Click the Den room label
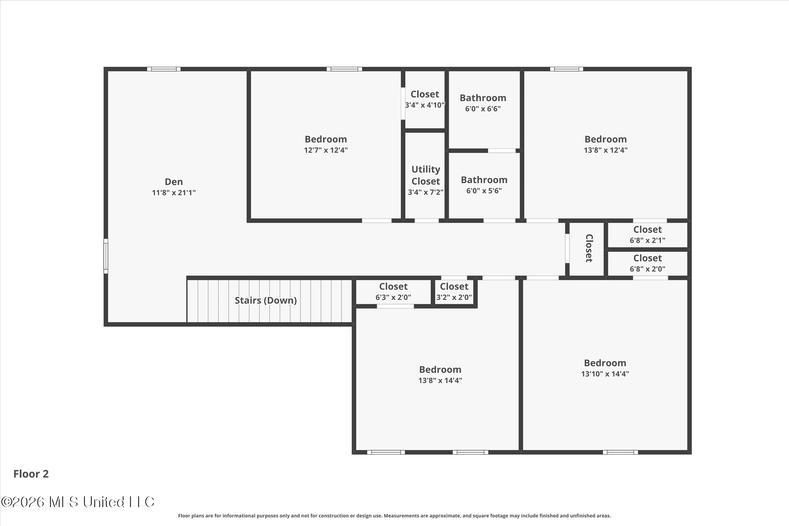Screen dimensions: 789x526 (174, 181)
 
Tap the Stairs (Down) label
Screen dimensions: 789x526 (266, 300)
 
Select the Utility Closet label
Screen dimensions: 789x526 (426, 175)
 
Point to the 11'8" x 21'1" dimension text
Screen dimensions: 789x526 (174, 192)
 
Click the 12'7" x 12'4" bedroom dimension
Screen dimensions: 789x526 (326, 150)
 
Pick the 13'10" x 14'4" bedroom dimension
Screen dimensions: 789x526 (605, 373)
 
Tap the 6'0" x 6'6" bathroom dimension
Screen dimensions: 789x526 (483, 109)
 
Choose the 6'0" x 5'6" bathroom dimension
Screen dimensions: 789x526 (484, 191)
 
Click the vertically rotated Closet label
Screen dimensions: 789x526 (589, 248)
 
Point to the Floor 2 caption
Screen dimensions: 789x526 (31, 474)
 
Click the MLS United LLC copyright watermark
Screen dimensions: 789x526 (78, 502)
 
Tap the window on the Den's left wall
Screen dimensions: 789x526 (106, 256)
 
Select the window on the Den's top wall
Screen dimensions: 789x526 (164, 69)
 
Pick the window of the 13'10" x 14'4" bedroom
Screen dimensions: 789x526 (620, 452)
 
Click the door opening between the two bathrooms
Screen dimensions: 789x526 (502, 151)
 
